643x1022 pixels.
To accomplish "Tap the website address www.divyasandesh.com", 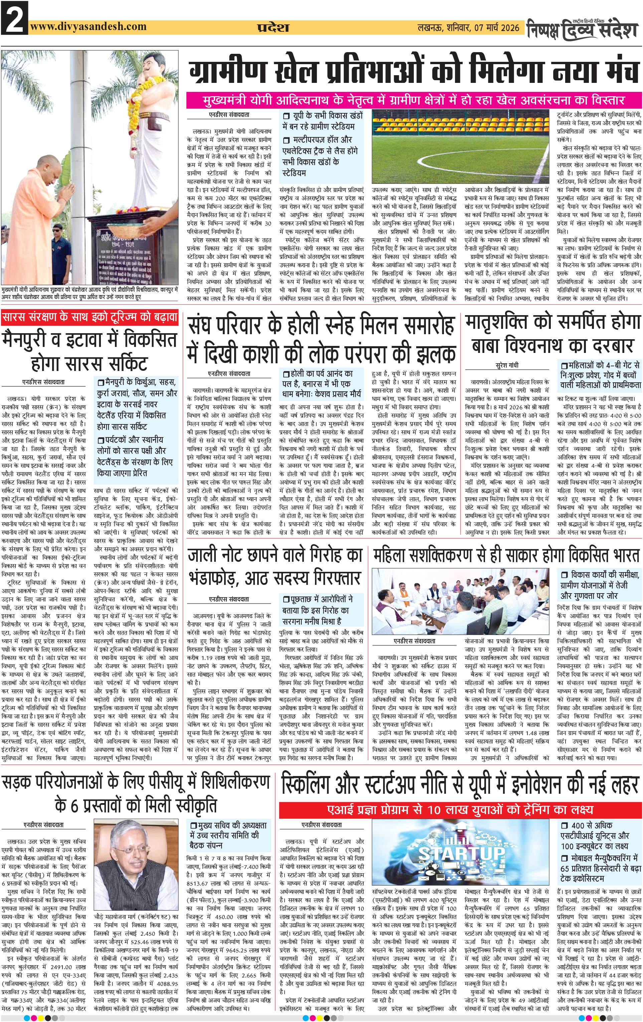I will pos(89,26).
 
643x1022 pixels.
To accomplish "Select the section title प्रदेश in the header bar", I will pos(273,28).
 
